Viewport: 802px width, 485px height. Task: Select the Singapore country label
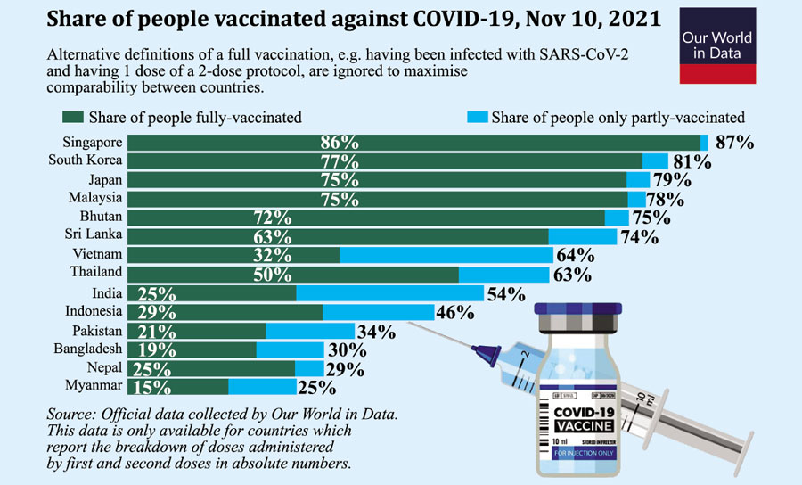point(91,143)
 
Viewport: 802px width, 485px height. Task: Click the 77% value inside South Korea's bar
point(340,161)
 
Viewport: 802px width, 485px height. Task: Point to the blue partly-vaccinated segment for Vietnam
point(446,255)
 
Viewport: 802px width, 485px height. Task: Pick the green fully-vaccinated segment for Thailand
point(293,274)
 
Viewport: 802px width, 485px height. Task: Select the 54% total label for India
point(505,294)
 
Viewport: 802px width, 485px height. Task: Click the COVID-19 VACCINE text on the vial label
point(585,419)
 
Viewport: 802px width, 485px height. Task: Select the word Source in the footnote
point(73,415)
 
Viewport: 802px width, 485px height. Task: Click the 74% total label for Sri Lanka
point(639,237)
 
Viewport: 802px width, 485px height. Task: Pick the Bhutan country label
point(101,217)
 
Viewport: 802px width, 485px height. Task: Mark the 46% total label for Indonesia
point(454,313)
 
